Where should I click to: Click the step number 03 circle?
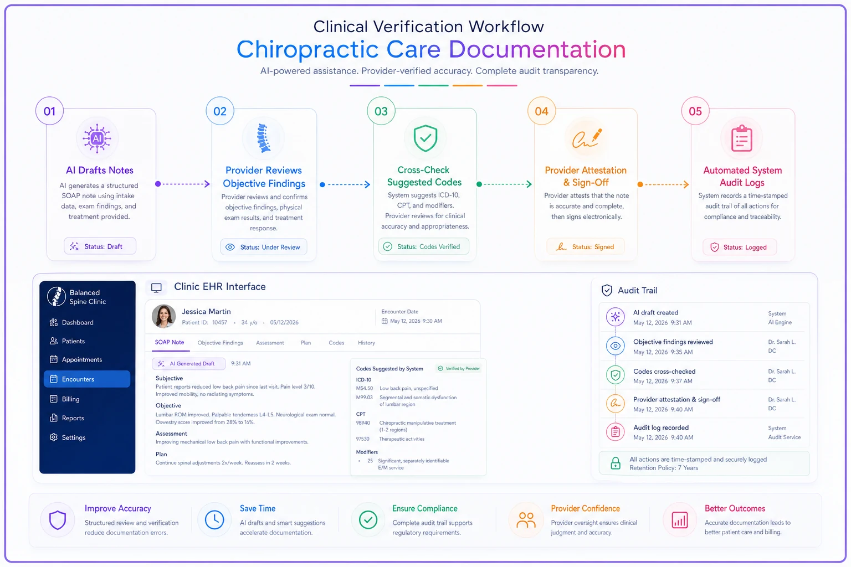(381, 111)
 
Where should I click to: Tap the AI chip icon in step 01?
(98, 138)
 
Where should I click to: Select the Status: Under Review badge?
(263, 247)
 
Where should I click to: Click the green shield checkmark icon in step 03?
(425, 138)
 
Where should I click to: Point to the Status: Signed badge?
(585, 247)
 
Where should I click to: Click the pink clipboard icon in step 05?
(742, 138)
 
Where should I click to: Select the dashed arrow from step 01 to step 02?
(183, 184)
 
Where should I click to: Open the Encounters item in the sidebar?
(87, 379)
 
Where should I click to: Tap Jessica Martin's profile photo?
(164, 316)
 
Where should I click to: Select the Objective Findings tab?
(220, 343)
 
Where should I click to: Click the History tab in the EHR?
(366, 343)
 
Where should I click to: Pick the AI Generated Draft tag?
(188, 363)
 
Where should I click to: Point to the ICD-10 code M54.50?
(365, 389)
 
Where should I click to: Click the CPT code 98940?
(363, 423)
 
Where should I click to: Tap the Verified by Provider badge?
(459, 368)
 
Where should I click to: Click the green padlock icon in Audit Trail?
(616, 463)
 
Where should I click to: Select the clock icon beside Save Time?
(214, 520)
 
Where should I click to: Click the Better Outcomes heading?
(735, 508)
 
